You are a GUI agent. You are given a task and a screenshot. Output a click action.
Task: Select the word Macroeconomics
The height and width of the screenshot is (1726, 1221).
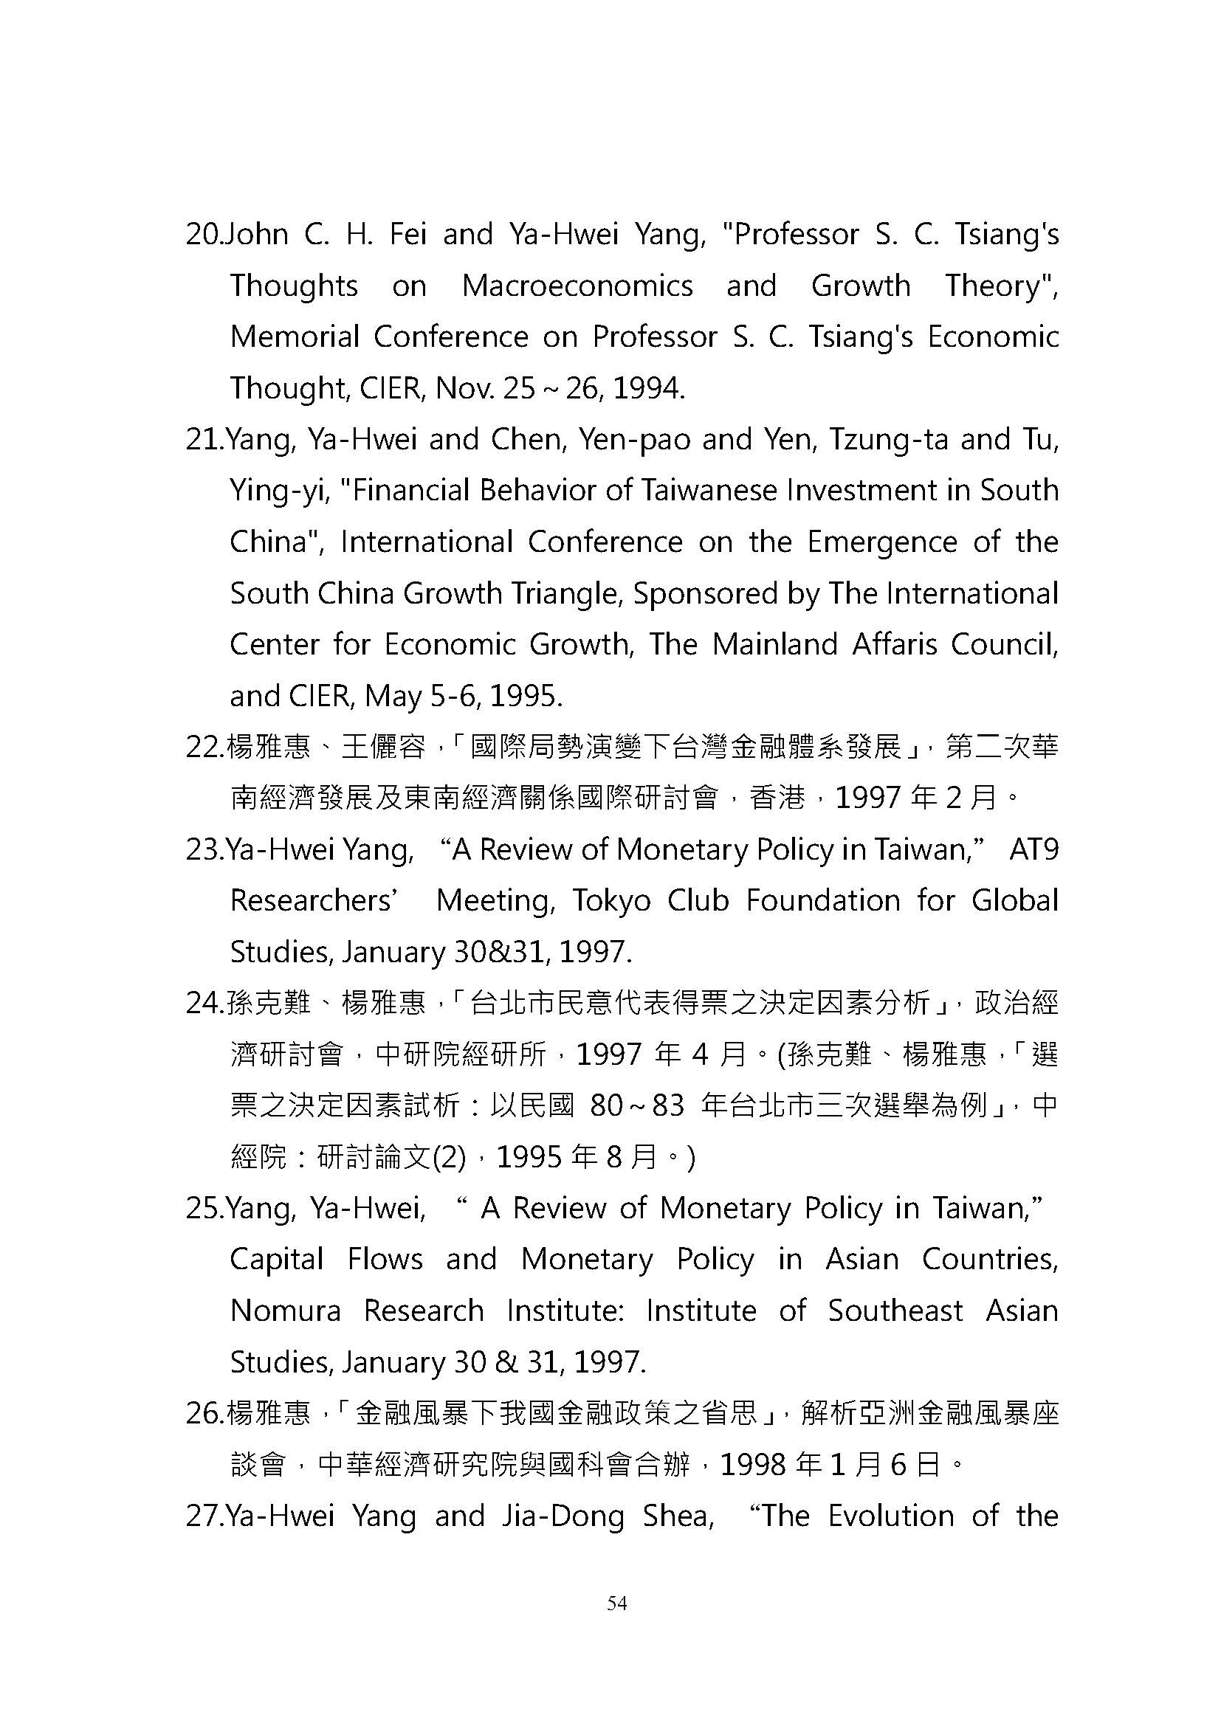pyautogui.click(x=577, y=286)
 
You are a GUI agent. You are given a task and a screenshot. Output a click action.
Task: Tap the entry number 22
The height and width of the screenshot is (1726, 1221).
pyautogui.click(x=204, y=748)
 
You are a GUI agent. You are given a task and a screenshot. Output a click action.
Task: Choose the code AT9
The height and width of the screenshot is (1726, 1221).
pyautogui.click(x=1033, y=850)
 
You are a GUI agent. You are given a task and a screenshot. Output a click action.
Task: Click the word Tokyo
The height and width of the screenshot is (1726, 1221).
pyautogui.click(x=611, y=901)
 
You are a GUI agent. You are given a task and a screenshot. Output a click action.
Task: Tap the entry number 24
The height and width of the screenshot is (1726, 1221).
pyautogui.click(x=204, y=1004)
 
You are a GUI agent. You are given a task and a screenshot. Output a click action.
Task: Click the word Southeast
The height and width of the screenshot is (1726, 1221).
pyautogui.click(x=895, y=1311)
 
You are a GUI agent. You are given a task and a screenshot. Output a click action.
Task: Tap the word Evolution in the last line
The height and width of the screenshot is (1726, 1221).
pyautogui.click(x=890, y=1516)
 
